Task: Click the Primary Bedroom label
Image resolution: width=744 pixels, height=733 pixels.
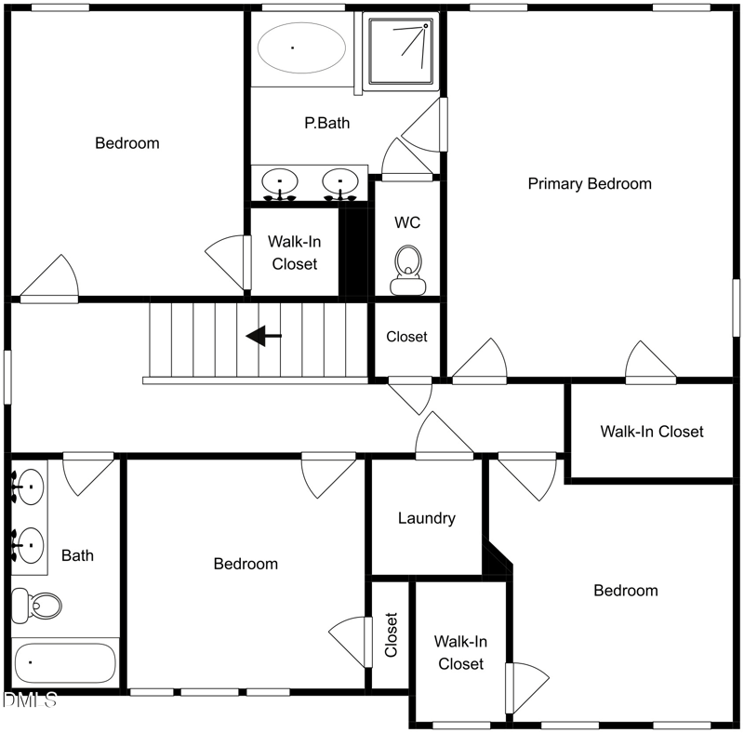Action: tap(590, 183)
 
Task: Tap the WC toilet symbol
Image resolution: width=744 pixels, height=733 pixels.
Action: tap(406, 268)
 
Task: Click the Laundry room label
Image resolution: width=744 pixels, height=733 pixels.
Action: tap(426, 518)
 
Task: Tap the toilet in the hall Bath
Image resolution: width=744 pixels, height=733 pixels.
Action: tap(35, 606)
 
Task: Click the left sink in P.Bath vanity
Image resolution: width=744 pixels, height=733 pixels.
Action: tap(279, 181)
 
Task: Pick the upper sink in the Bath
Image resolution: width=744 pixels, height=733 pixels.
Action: tap(31, 485)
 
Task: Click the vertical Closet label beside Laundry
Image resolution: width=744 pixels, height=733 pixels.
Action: tap(392, 634)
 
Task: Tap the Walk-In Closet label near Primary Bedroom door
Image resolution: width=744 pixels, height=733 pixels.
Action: tap(651, 432)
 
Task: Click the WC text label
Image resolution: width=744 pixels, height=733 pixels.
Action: tap(407, 222)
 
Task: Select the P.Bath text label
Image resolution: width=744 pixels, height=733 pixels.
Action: tap(327, 123)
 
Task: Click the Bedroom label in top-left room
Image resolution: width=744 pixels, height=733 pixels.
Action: tap(127, 143)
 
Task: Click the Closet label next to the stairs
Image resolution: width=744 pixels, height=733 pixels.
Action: tap(406, 337)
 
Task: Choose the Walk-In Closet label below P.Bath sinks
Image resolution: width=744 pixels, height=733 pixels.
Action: tap(294, 252)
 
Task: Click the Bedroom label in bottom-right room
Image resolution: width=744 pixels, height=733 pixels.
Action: tap(626, 591)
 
